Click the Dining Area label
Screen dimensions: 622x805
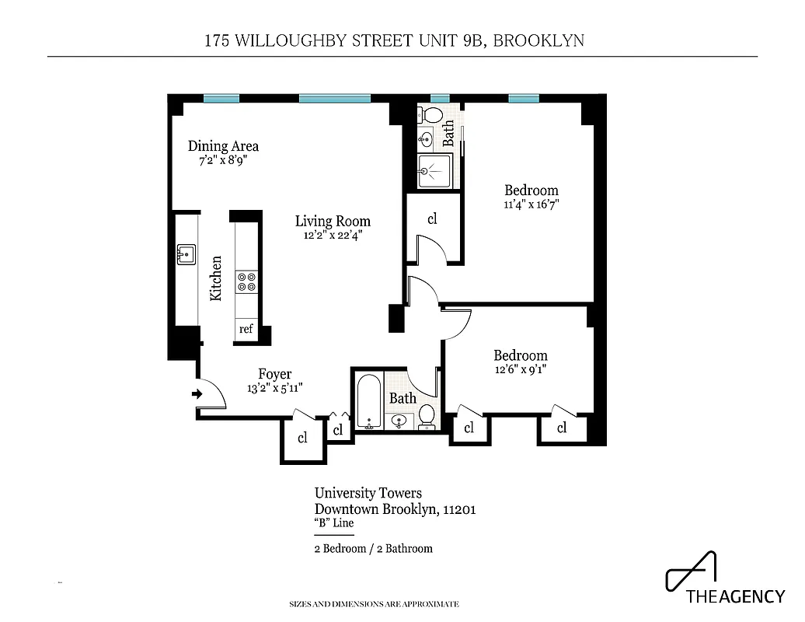pyautogui.click(x=223, y=146)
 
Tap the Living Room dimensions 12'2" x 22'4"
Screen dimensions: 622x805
pyautogui.click(x=333, y=235)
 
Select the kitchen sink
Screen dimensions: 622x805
pyautogui.click(x=185, y=253)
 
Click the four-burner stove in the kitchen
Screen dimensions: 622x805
pyautogui.click(x=247, y=281)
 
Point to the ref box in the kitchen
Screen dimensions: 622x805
pyautogui.click(x=246, y=329)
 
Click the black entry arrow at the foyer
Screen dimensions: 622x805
pyautogui.click(x=197, y=394)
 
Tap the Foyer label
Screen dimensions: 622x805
pyautogui.click(x=275, y=375)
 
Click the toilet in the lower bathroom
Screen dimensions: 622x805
pyautogui.click(x=427, y=419)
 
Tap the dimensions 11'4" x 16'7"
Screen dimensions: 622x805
pyautogui.click(x=531, y=204)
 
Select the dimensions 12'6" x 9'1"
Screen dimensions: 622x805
pyautogui.click(x=521, y=370)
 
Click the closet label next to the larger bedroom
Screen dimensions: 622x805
pyautogui.click(x=432, y=219)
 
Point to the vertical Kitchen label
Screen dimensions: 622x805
pyautogui.click(x=216, y=278)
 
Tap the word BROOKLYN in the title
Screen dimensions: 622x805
pyautogui.click(x=539, y=40)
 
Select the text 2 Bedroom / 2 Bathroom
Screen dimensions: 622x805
pyautogui.click(x=373, y=548)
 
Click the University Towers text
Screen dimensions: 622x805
pyautogui.click(x=368, y=493)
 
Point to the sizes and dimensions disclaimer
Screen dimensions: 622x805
pyautogui.click(x=374, y=604)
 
